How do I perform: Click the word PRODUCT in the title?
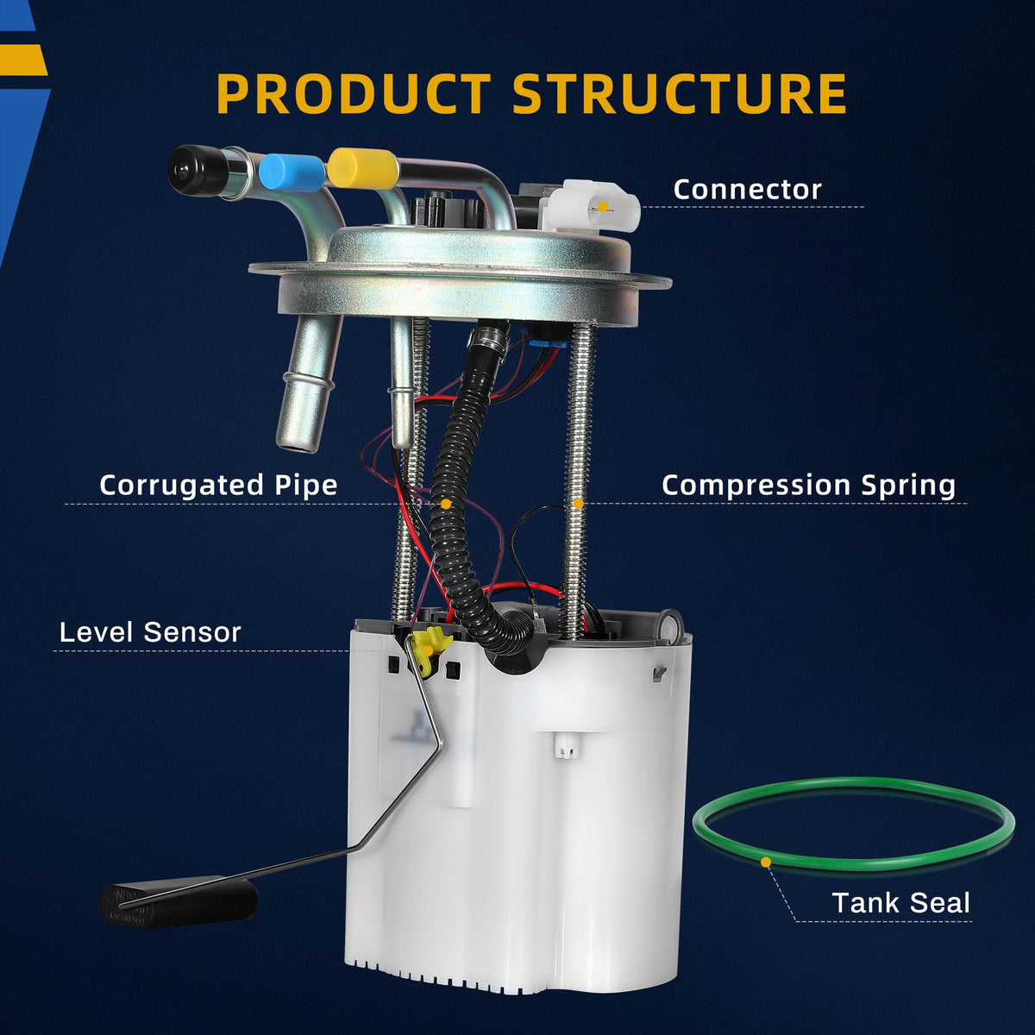click(354, 93)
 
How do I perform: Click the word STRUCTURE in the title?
click(680, 93)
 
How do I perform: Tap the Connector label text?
click(747, 190)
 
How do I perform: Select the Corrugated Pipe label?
click(218, 486)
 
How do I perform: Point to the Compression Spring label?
click(808, 486)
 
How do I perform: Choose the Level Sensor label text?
click(150, 631)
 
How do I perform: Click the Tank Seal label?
click(900, 902)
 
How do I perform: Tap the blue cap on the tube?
click(292, 172)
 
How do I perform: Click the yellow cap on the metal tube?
click(363, 167)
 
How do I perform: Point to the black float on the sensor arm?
click(179, 902)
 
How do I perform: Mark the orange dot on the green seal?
click(766, 862)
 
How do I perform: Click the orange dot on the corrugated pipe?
click(446, 504)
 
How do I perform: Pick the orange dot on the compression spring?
click(579, 503)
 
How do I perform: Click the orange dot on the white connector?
click(603, 207)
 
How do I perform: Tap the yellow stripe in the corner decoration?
click(23, 60)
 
